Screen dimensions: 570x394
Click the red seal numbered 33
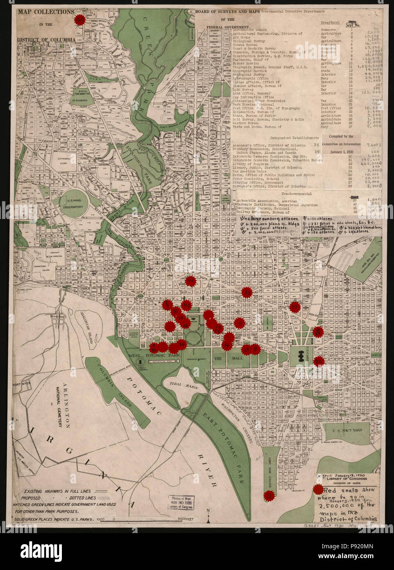coord(247,292)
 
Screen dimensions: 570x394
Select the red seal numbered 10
coord(240,324)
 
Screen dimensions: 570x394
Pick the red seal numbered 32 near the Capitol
coord(319,361)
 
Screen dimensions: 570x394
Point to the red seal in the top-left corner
coord(80,20)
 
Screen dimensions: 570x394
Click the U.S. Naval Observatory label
coord(75,205)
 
